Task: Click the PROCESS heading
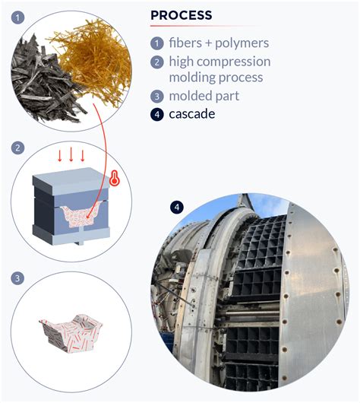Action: point(182,15)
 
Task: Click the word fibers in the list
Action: point(188,43)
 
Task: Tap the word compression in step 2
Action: point(236,62)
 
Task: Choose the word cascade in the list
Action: point(193,115)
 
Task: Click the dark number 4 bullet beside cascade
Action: point(156,115)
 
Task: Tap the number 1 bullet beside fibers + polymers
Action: point(156,43)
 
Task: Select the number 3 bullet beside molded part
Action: point(156,97)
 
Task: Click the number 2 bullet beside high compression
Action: point(156,62)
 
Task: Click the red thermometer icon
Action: point(115,179)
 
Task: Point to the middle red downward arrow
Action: point(71,156)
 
